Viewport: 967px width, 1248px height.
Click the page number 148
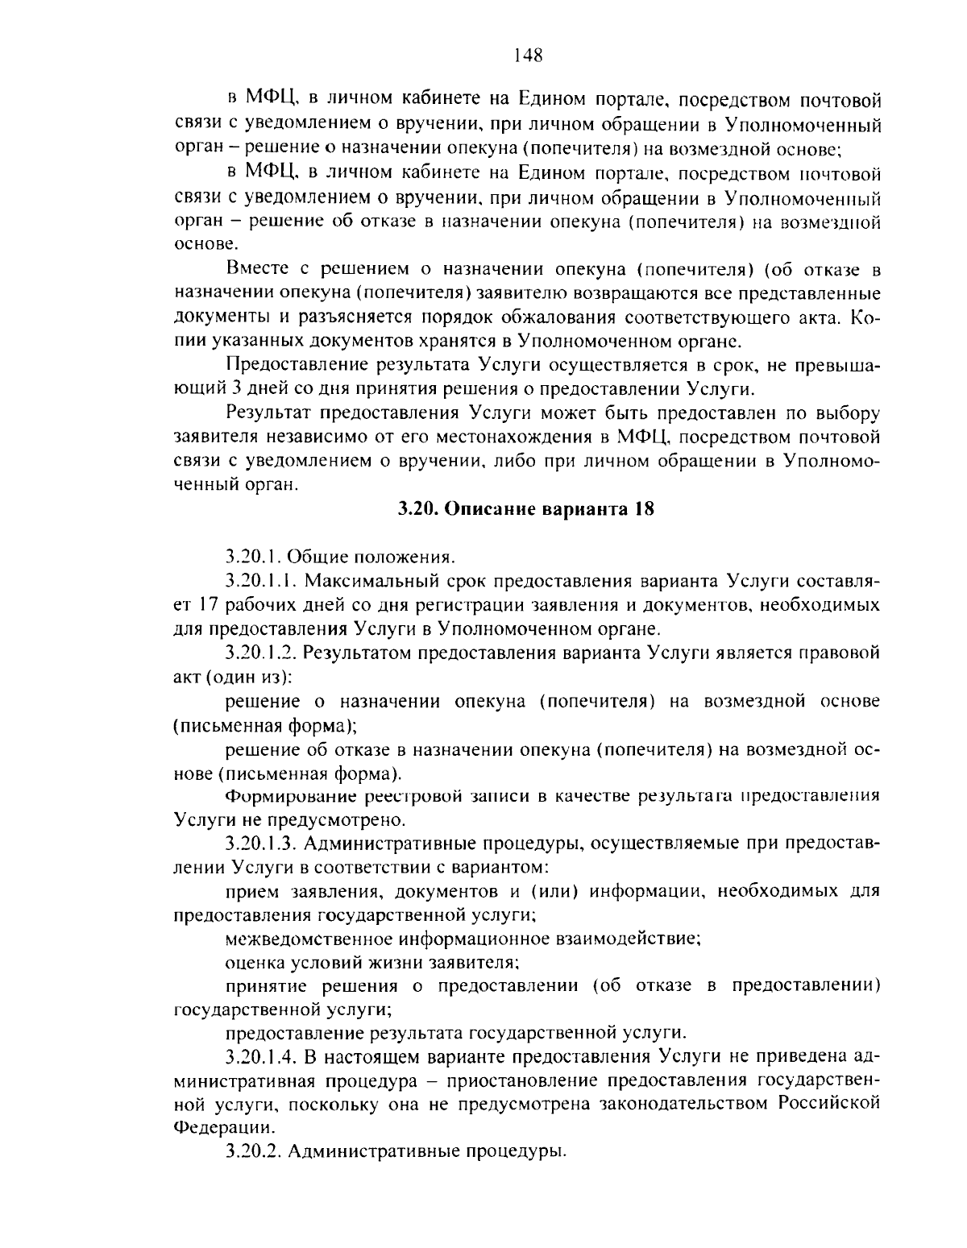click(528, 56)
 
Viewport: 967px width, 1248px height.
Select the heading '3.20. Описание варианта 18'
click(525, 509)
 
